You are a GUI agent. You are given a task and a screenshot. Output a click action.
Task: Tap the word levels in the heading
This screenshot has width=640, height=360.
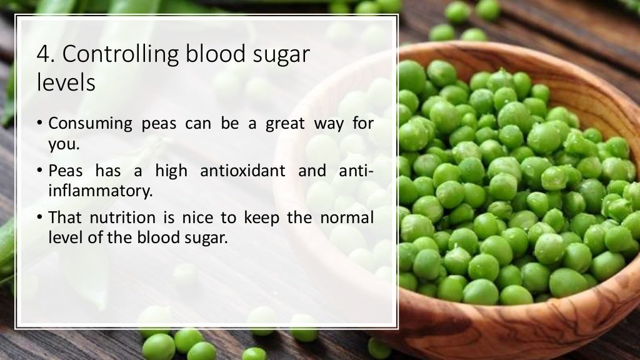66,82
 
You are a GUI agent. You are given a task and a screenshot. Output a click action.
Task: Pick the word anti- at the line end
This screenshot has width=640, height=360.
357,171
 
